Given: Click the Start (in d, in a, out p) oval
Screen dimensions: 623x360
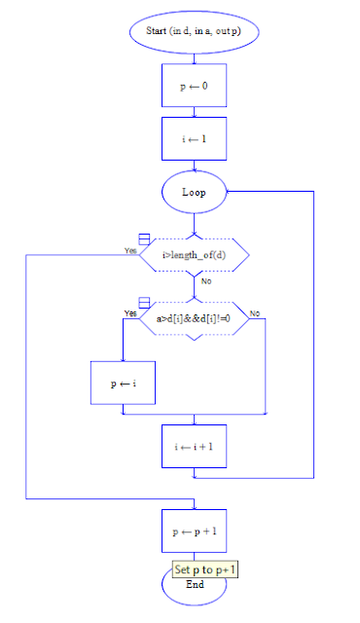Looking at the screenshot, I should [194, 31].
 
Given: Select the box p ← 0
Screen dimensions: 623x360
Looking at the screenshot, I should [194, 86].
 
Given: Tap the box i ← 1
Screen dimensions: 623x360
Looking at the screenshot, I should [194, 138].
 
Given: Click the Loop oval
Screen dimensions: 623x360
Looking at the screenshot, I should [194, 192].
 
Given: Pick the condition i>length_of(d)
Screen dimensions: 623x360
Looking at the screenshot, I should [194, 255].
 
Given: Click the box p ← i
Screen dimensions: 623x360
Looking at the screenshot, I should [123, 384].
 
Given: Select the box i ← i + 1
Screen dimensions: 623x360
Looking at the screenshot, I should [194, 447].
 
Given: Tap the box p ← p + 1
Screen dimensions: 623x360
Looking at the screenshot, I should [194, 532].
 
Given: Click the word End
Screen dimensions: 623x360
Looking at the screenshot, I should [195, 585].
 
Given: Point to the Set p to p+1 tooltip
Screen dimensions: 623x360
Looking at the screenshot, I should [205, 568].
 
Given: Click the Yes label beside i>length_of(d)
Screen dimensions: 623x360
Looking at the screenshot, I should [130, 250].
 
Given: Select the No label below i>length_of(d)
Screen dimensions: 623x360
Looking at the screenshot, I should [206, 281].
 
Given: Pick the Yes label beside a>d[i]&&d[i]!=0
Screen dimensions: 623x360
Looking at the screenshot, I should [130, 313].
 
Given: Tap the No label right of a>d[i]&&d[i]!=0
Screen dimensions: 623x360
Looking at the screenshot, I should [255, 313].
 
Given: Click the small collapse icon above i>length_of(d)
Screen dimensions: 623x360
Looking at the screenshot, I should [144, 239].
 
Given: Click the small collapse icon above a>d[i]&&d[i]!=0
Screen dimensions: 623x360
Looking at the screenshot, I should [144, 303].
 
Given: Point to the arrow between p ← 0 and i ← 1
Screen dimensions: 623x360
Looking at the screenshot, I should [194, 112].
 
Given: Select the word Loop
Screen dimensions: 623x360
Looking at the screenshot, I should [194, 192].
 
